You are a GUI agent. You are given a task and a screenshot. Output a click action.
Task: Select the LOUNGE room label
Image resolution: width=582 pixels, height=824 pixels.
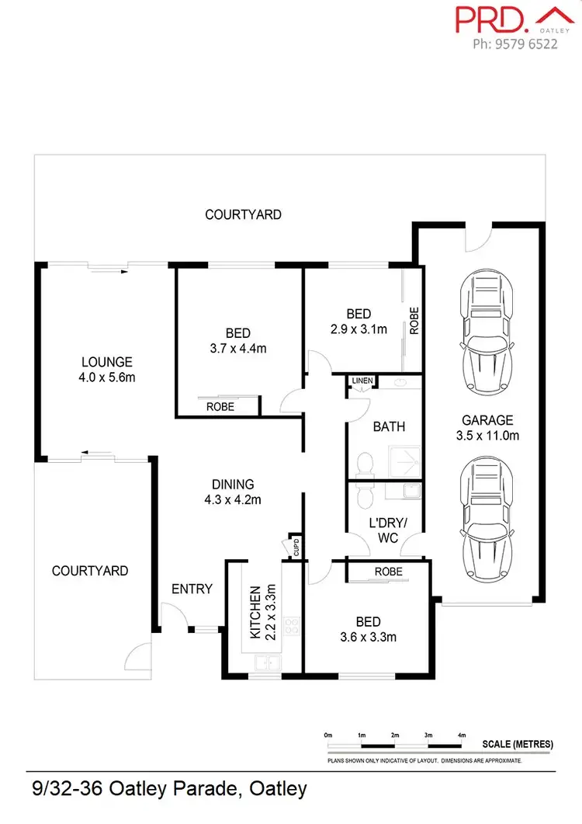(107, 362)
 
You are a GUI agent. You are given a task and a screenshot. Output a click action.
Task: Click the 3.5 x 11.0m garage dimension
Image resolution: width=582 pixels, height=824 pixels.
(487, 436)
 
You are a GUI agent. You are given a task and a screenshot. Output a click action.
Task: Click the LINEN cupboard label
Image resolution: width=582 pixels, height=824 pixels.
(362, 381)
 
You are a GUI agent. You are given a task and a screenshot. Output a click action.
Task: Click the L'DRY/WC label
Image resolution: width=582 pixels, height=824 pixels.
(384, 529)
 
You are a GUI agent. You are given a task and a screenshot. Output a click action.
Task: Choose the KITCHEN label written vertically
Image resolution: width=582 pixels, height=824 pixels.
(255, 613)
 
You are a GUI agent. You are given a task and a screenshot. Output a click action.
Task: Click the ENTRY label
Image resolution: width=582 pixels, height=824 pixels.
(192, 589)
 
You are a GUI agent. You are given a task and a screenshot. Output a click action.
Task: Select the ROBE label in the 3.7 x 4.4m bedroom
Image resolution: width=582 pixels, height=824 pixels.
(220, 406)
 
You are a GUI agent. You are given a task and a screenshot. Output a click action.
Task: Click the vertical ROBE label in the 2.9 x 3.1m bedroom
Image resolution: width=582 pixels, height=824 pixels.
(414, 321)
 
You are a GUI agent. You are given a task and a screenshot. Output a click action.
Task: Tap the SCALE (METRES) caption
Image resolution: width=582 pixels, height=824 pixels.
(518, 744)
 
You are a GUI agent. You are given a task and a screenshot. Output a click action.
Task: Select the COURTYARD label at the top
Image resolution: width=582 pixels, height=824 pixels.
(243, 214)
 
